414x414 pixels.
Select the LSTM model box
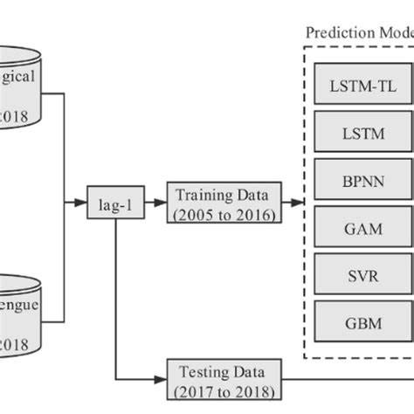point(362,135)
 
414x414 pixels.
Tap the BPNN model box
point(362,181)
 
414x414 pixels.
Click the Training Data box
point(223,202)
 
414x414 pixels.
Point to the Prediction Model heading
point(358,32)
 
